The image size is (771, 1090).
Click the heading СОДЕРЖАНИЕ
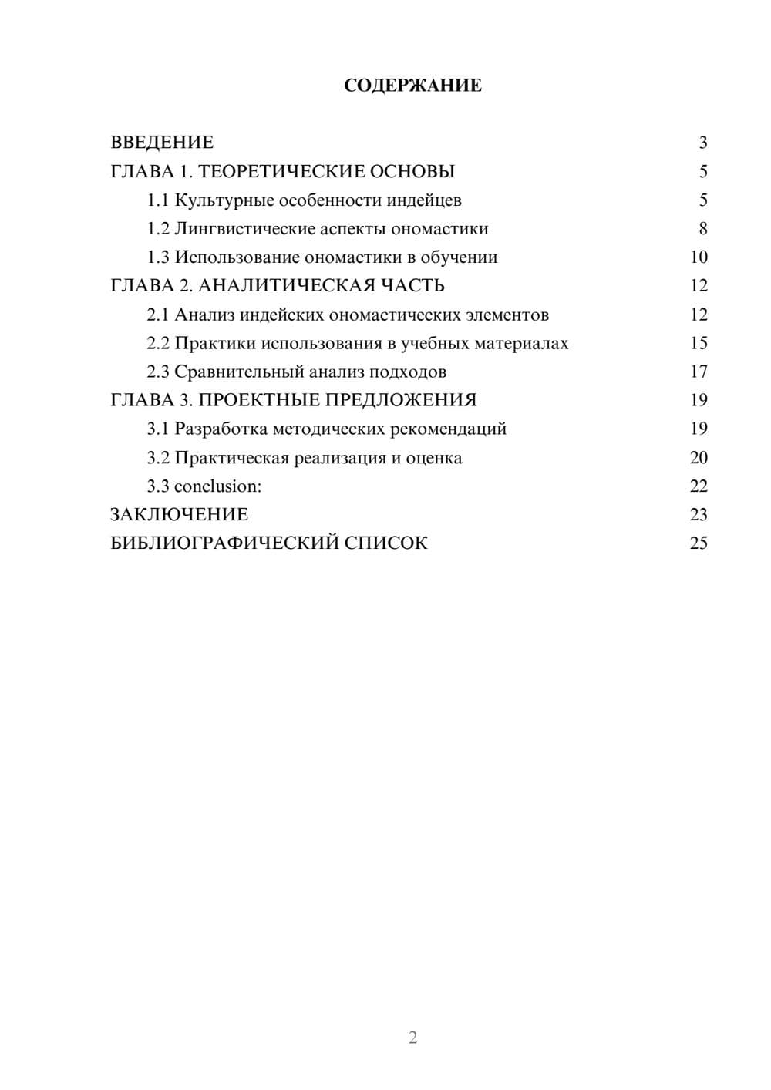click(412, 86)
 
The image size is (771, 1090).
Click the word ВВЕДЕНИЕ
click(162, 143)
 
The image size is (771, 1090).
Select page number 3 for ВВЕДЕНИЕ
click(702, 143)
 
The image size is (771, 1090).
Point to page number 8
click(702, 229)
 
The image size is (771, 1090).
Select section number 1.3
click(158, 257)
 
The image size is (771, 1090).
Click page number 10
click(699, 257)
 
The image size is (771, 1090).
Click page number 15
click(699, 343)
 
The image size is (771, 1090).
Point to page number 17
click(699, 372)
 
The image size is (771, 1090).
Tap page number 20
click(699, 458)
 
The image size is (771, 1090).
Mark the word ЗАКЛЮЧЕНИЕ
click(180, 515)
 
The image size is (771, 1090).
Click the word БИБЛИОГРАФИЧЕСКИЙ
click(224, 543)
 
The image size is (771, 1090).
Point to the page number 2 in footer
click(412, 1038)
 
